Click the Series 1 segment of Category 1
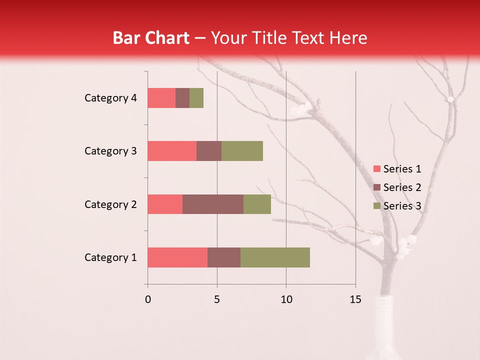[177, 257]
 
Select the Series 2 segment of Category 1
[224, 257]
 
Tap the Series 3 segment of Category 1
[275, 257]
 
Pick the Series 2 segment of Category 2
[213, 204]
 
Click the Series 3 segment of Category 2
[257, 204]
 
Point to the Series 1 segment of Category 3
[172, 151]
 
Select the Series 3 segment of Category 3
[242, 151]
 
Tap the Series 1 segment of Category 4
[161, 98]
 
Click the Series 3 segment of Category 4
[196, 98]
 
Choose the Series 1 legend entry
[397, 169]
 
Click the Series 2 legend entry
[397, 187]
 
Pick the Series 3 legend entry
[397, 206]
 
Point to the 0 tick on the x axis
[148, 299]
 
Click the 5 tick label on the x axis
[217, 299]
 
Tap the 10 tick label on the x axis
[286, 299]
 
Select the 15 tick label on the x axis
[355, 299]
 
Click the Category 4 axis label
[110, 98]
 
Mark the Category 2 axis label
[110, 204]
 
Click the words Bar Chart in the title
[151, 38]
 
